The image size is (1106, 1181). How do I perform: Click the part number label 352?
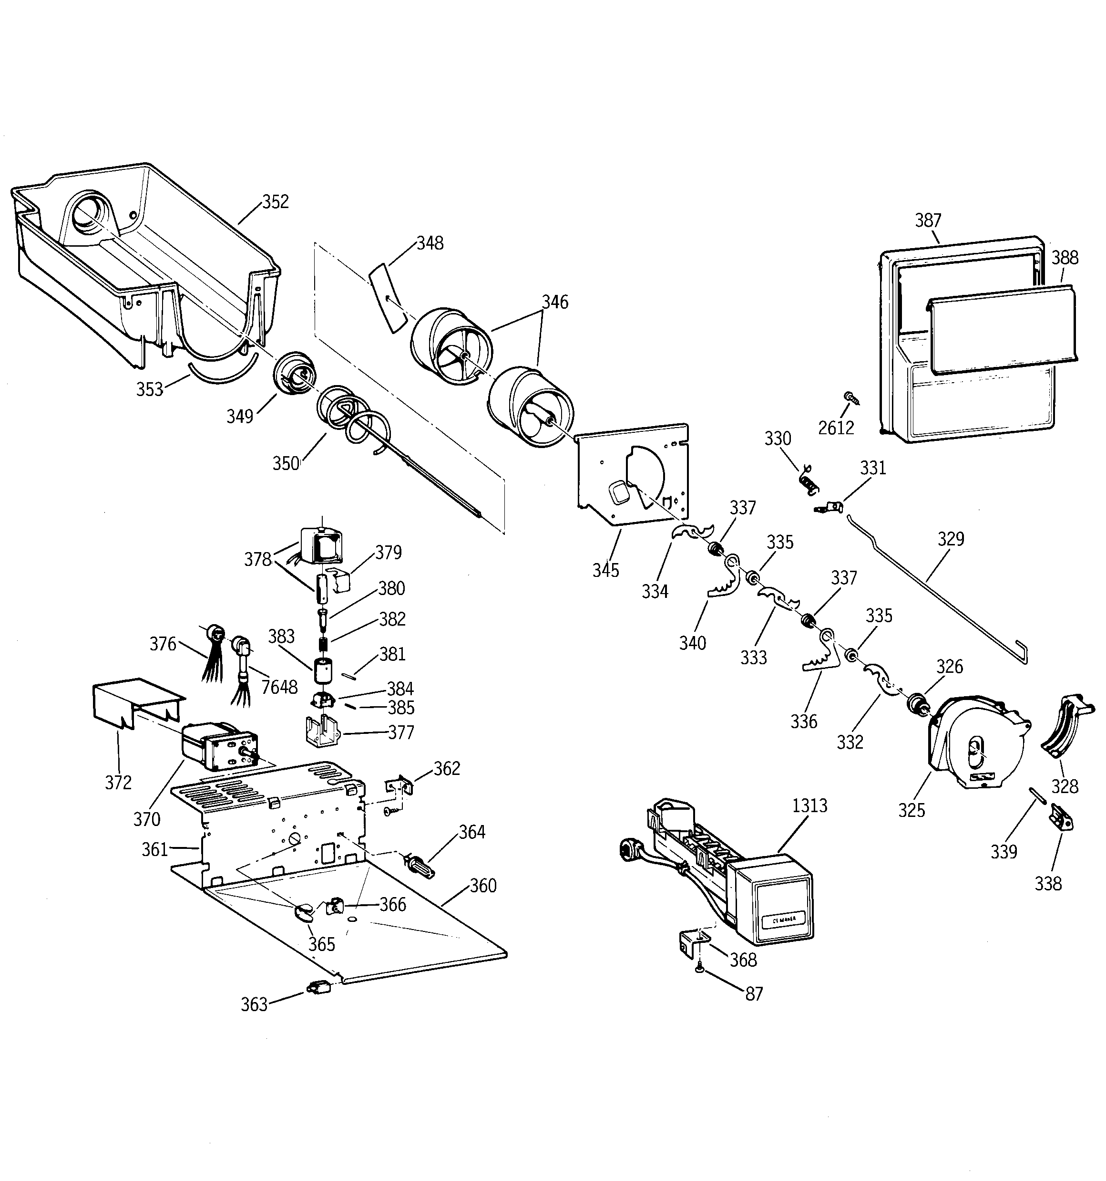pyautogui.click(x=276, y=202)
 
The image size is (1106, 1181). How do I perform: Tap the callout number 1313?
pyautogui.click(x=809, y=806)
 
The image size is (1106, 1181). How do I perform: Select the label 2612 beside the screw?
pyautogui.click(x=836, y=428)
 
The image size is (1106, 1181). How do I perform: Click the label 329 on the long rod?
pyautogui.click(x=951, y=539)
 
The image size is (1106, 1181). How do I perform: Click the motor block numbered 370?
pyautogui.click(x=217, y=747)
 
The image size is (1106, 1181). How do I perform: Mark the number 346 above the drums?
pyautogui.click(x=554, y=303)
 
